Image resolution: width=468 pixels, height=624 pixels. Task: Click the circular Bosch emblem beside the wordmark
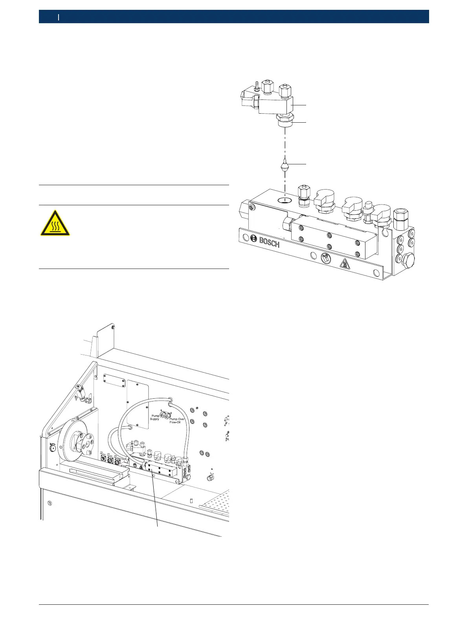coord(253,238)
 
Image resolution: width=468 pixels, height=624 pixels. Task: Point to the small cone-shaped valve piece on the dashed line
coord(285,165)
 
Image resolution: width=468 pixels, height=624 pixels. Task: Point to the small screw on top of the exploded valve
coord(256,86)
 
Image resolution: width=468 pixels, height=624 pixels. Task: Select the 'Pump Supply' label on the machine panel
coord(154,417)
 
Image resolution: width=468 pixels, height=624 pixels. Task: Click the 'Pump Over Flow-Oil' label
coord(174,421)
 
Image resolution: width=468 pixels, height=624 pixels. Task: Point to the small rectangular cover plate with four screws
coord(114,378)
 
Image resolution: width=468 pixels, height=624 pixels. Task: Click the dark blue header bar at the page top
coord(234,17)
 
